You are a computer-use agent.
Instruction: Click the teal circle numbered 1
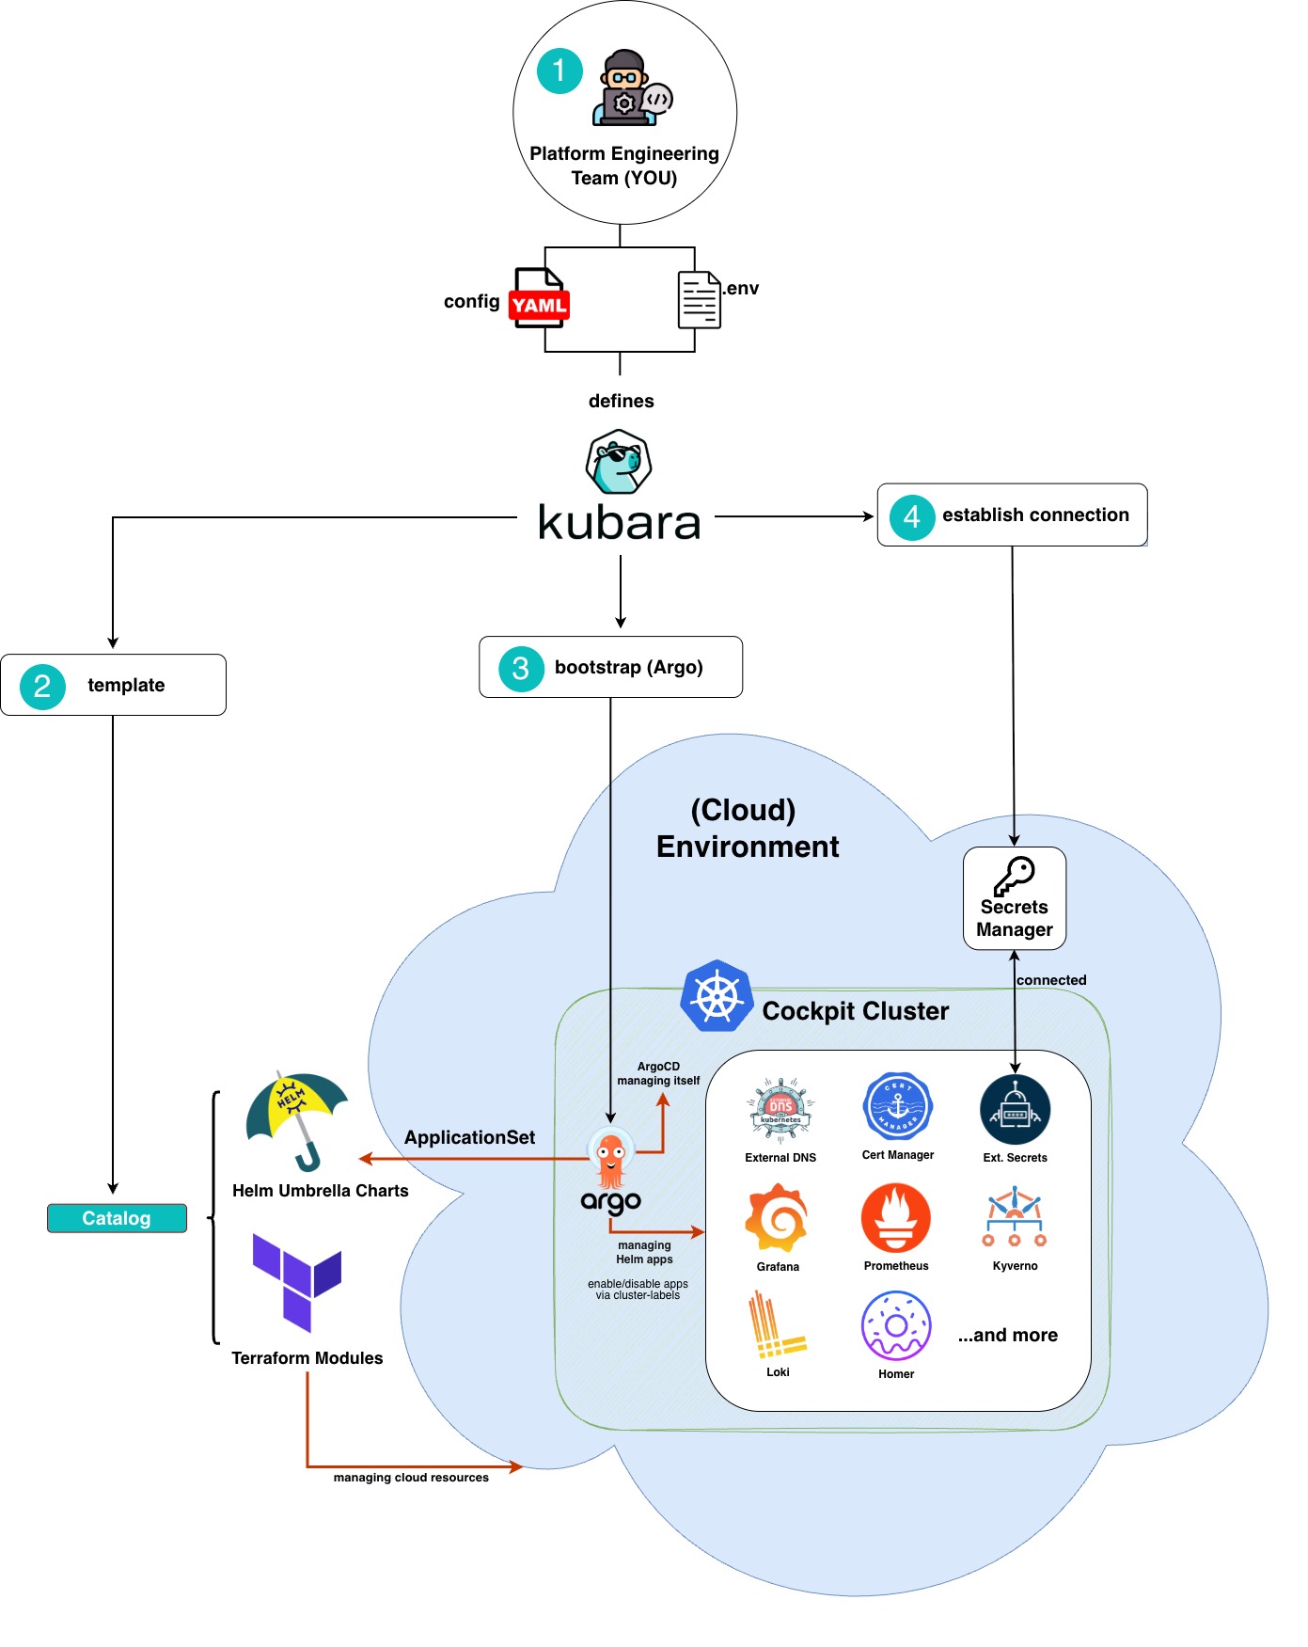tap(559, 71)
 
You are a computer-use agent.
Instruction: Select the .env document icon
tap(699, 300)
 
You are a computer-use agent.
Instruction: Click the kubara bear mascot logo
tap(619, 462)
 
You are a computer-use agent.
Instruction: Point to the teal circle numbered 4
tap(911, 516)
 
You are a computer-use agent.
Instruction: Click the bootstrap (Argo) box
tap(610, 667)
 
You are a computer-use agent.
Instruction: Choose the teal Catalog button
tap(117, 1218)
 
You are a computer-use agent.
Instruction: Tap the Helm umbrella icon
tap(296, 1118)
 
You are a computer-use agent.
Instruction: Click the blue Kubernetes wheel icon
tap(717, 996)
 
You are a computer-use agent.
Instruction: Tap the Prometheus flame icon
tap(896, 1218)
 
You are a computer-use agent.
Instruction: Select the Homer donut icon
tap(896, 1325)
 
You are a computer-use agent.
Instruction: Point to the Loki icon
tap(776, 1325)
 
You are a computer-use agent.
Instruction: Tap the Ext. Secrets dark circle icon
tap(1015, 1110)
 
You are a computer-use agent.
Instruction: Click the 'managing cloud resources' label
tap(411, 1478)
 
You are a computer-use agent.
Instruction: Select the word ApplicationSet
tap(469, 1137)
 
